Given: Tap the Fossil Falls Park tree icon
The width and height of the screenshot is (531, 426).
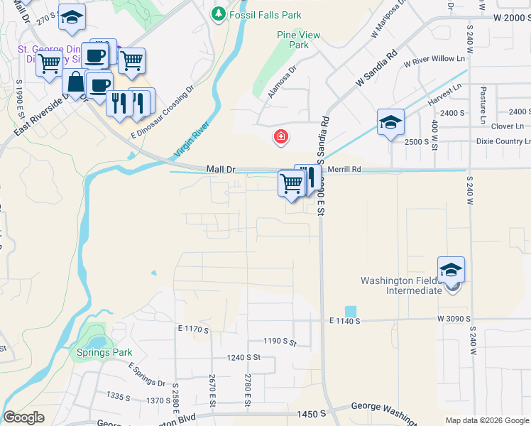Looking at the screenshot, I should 219,14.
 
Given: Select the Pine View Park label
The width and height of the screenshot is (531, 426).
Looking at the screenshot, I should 299,40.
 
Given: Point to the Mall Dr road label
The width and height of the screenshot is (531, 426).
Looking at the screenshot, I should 220,170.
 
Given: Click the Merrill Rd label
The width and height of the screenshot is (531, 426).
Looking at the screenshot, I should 345,170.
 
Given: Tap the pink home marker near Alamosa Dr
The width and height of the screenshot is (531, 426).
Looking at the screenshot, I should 281,136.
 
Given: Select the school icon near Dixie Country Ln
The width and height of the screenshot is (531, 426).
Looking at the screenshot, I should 390,124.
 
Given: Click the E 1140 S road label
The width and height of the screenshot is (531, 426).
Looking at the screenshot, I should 345,321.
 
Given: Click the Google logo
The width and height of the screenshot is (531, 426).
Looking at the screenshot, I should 24,417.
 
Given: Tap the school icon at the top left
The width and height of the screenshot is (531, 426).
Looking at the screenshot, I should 71,19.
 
